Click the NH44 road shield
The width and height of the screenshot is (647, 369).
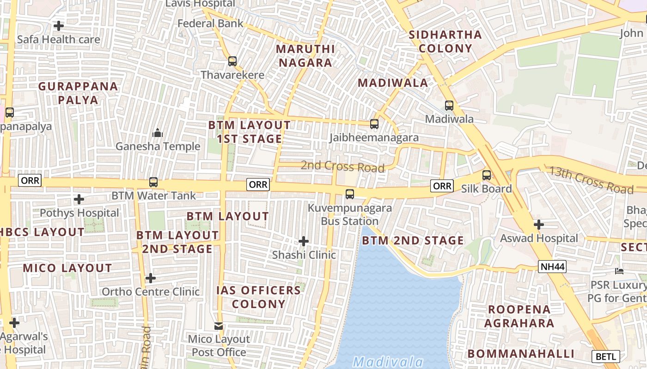[x=552, y=267]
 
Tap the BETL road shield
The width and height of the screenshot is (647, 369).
[x=605, y=357]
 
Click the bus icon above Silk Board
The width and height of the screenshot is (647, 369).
[x=487, y=175]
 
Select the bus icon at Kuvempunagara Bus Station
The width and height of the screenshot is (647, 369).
[x=350, y=194]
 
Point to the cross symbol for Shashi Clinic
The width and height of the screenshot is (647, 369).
[x=304, y=241]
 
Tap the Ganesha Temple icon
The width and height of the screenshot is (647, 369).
[x=158, y=133]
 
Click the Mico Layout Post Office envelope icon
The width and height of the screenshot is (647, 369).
[x=219, y=326]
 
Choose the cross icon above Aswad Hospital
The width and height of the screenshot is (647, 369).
[x=538, y=225]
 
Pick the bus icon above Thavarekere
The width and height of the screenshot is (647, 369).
[x=232, y=61]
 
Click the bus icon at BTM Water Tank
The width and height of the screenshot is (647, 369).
[x=153, y=182]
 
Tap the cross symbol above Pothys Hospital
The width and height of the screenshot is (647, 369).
[x=79, y=199]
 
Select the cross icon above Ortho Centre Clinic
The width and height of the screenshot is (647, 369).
[x=150, y=278]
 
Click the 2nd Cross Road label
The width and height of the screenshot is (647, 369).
[x=342, y=166]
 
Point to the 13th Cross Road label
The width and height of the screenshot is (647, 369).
[x=591, y=180]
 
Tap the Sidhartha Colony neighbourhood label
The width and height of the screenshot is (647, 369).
[x=446, y=42]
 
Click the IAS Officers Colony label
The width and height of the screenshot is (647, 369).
[x=259, y=297]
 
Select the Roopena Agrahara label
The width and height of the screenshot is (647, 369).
[x=519, y=316]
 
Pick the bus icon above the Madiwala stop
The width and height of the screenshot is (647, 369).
[x=449, y=106]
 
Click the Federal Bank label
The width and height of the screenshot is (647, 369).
[x=210, y=23]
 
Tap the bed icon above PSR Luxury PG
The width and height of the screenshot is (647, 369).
[x=619, y=271]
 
